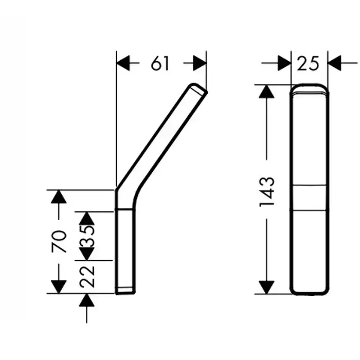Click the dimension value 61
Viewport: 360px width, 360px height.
click(x=160, y=63)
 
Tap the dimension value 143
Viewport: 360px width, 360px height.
click(x=267, y=192)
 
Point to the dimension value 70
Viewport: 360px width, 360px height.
click(x=59, y=241)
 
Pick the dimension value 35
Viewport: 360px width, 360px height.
click(x=87, y=236)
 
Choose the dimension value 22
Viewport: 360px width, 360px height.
click(x=87, y=277)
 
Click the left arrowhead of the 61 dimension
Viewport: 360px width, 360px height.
click(x=123, y=63)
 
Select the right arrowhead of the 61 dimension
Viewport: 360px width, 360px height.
click(x=200, y=63)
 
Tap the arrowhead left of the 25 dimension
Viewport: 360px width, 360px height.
click(x=284, y=63)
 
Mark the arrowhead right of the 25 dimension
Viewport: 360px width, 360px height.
click(x=334, y=63)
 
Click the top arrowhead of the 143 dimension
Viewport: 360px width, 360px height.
click(x=266, y=92)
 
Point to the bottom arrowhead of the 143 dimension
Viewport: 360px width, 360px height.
click(x=266, y=287)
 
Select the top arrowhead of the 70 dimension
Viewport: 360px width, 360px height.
click(x=59, y=197)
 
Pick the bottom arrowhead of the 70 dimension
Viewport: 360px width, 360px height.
click(x=59, y=287)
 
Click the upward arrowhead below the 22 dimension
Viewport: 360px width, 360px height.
click(x=87, y=300)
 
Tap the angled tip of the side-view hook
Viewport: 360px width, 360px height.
click(x=198, y=88)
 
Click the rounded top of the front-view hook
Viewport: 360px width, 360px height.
click(x=310, y=88)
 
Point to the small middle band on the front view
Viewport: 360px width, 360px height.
click(x=310, y=197)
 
